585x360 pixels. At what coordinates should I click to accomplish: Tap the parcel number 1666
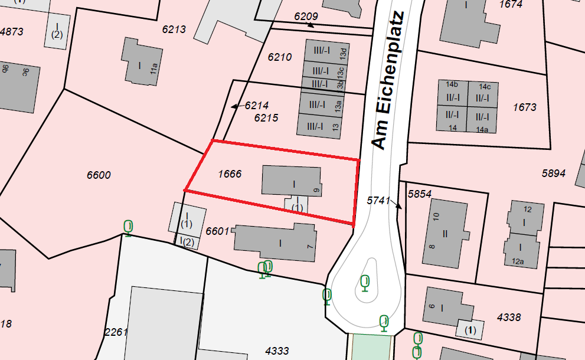point(230,174)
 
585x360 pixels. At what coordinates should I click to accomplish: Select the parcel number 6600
point(99,175)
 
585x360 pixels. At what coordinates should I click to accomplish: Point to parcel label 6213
point(174,29)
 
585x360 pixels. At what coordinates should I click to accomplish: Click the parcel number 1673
point(525,107)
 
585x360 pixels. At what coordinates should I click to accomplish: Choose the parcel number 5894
point(554,174)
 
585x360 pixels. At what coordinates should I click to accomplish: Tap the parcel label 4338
point(509,318)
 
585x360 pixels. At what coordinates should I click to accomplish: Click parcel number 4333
point(277,351)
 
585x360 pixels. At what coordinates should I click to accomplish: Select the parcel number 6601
point(217,231)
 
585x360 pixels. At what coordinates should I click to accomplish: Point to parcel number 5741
point(378,201)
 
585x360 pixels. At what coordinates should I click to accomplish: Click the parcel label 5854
point(420,194)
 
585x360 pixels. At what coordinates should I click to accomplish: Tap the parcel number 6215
point(266,118)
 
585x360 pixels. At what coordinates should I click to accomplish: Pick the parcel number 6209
point(306,16)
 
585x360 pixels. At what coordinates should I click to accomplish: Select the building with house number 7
point(275,243)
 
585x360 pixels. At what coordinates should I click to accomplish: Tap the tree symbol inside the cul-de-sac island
point(365,283)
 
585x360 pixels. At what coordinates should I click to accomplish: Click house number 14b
point(452,85)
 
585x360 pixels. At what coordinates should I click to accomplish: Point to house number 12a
point(518,261)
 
